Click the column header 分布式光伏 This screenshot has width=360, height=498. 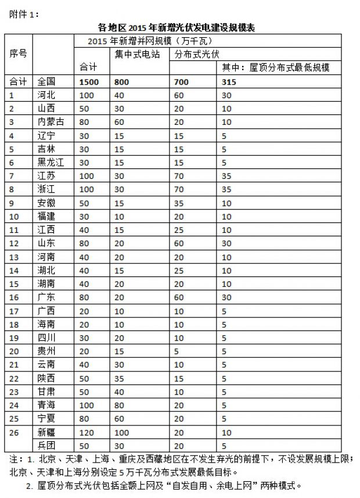tap(195, 54)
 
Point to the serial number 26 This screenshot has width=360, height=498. tap(15, 432)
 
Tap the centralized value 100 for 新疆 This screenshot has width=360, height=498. tap(122, 432)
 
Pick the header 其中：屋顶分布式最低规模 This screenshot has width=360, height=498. tap(276, 68)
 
